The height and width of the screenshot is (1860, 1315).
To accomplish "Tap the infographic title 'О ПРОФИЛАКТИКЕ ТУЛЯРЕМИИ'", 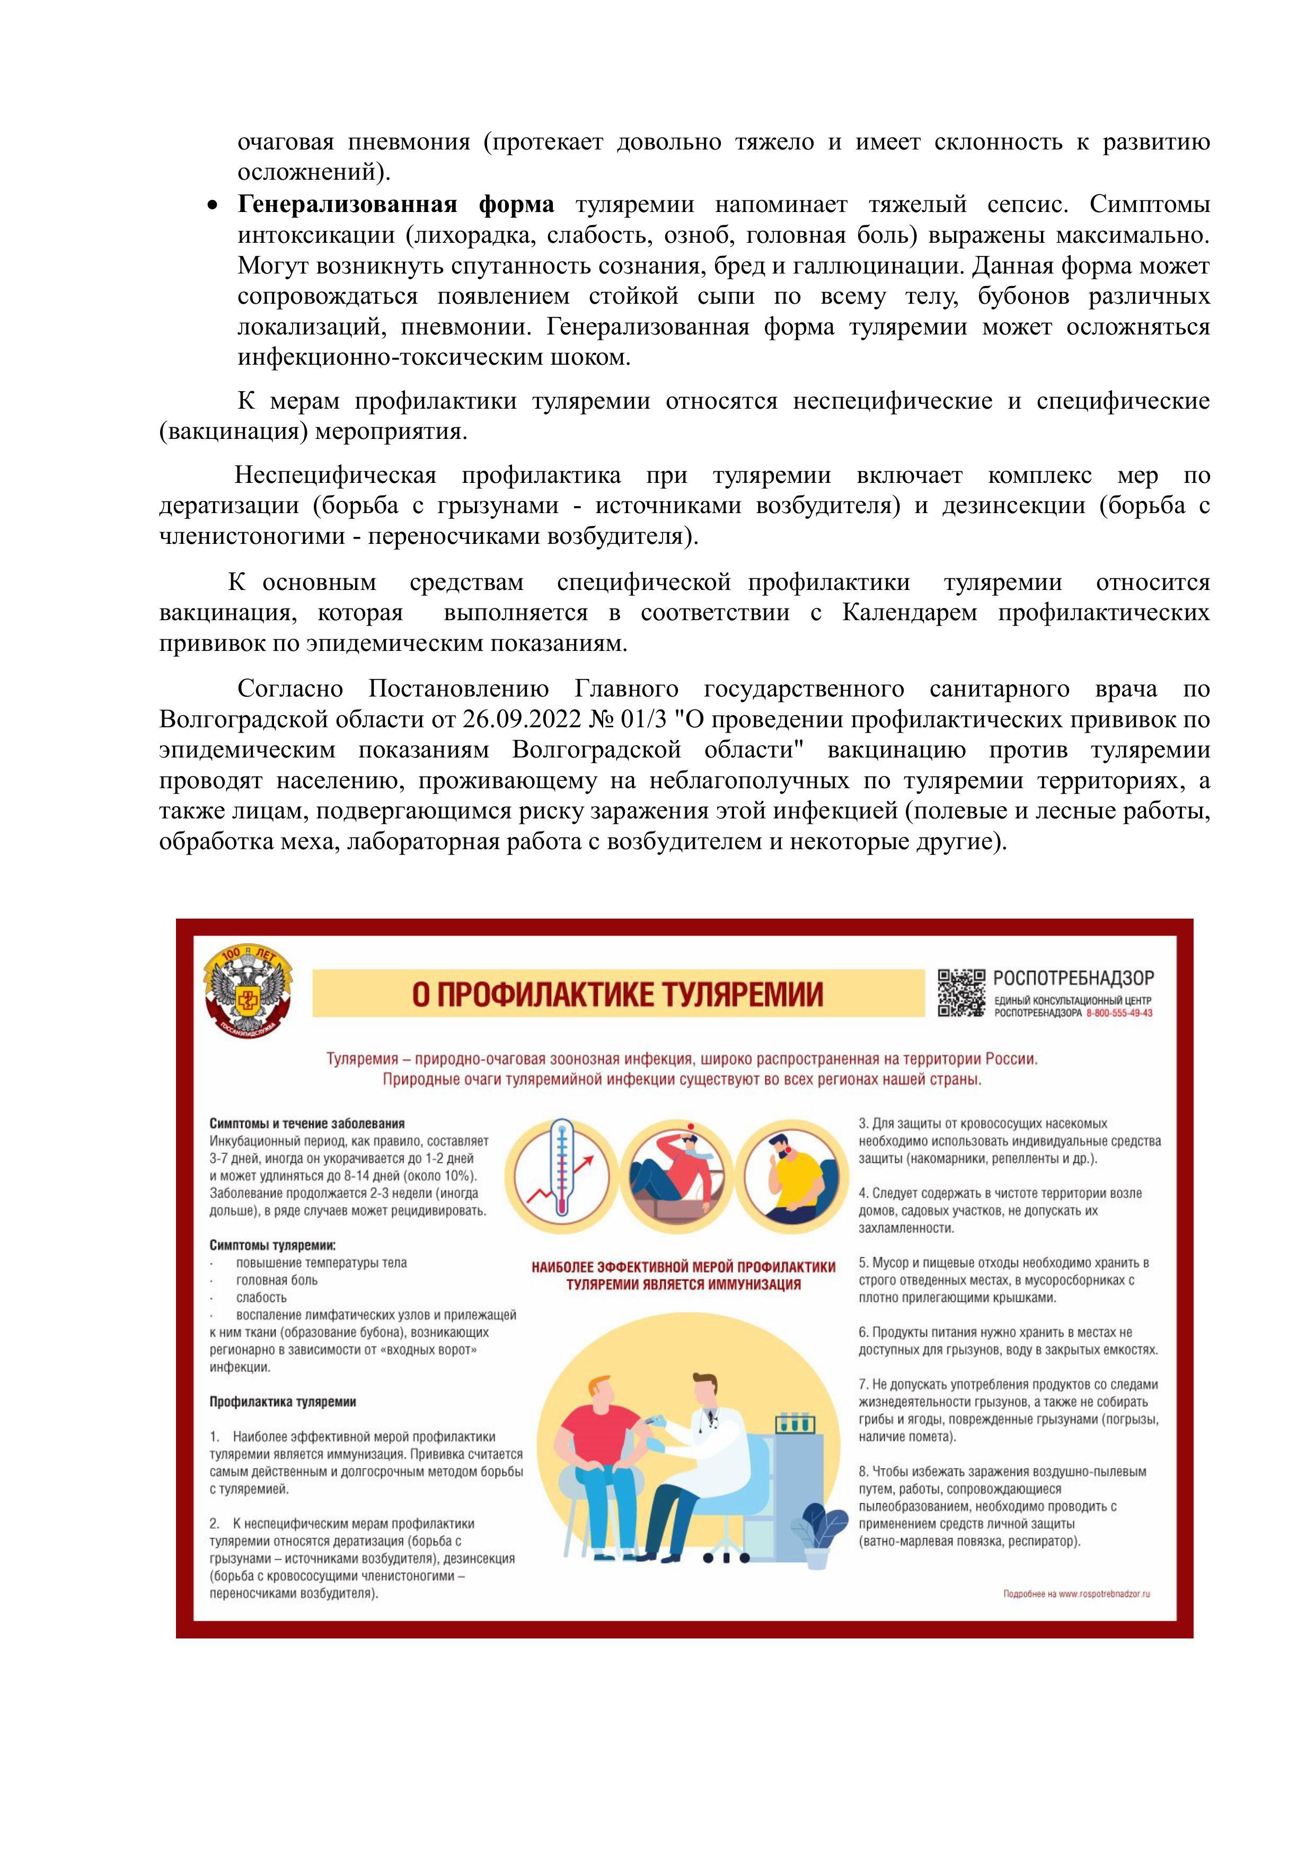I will click(617, 994).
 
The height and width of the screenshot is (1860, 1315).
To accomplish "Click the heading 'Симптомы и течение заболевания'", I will click(307, 1124).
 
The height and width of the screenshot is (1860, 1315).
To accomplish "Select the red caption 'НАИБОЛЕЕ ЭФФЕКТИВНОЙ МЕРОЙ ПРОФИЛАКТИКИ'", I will click(683, 1267).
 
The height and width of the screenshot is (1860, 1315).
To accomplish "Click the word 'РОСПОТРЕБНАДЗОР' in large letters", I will click(1073, 979).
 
